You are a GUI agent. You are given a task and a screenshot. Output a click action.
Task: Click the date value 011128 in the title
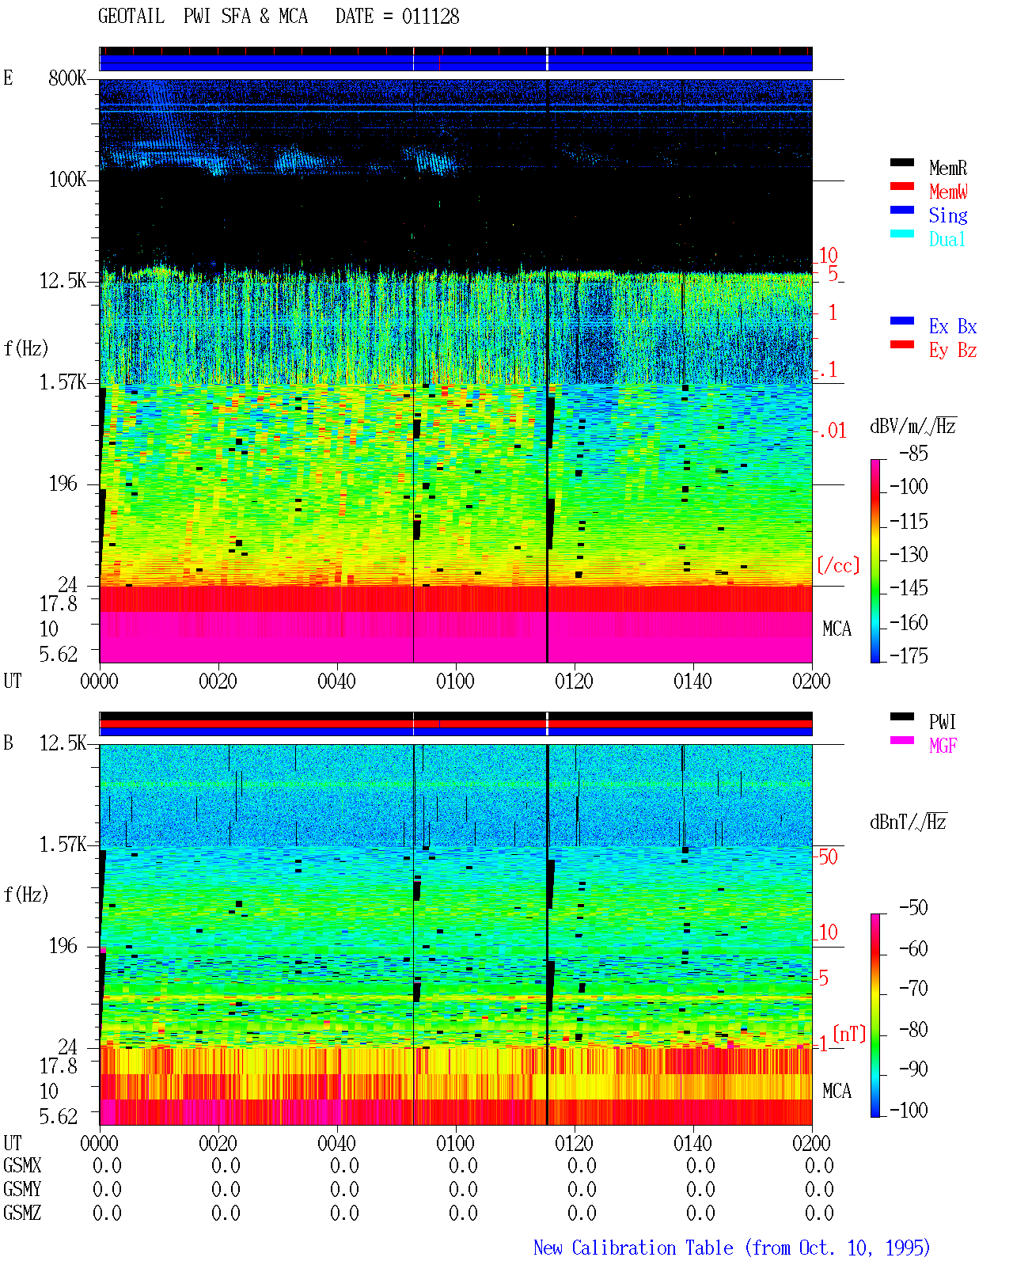[x=430, y=17]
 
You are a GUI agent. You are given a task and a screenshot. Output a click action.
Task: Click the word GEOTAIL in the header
[x=131, y=17]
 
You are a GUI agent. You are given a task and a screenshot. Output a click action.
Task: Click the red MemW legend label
[x=947, y=192]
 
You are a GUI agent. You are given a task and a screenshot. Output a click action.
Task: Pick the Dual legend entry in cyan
[x=947, y=239]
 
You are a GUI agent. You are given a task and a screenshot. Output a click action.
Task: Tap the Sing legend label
[x=947, y=215]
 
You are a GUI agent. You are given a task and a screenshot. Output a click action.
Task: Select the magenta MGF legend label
[x=943, y=746]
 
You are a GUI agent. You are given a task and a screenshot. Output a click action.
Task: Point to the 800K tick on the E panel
[x=67, y=78]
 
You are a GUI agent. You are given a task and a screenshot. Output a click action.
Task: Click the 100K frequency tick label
[x=67, y=180]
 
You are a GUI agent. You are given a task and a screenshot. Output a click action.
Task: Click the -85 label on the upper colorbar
[x=913, y=453]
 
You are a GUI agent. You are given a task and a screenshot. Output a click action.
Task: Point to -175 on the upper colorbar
[x=909, y=655]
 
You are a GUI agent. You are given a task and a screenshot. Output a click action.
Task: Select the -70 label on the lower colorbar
[x=913, y=989]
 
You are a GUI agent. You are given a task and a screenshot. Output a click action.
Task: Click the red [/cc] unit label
[x=838, y=565]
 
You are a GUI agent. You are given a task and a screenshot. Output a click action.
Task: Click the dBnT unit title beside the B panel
[x=908, y=822]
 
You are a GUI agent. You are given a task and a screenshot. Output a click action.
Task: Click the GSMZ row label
[x=22, y=1213]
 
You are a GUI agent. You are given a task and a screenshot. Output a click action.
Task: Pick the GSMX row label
[x=22, y=1165]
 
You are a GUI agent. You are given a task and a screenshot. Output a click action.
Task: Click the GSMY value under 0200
[x=819, y=1189]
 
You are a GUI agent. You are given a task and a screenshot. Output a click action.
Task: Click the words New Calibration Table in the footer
[x=633, y=1248]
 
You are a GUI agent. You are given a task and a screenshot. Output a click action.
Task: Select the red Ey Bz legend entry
[x=953, y=350]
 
